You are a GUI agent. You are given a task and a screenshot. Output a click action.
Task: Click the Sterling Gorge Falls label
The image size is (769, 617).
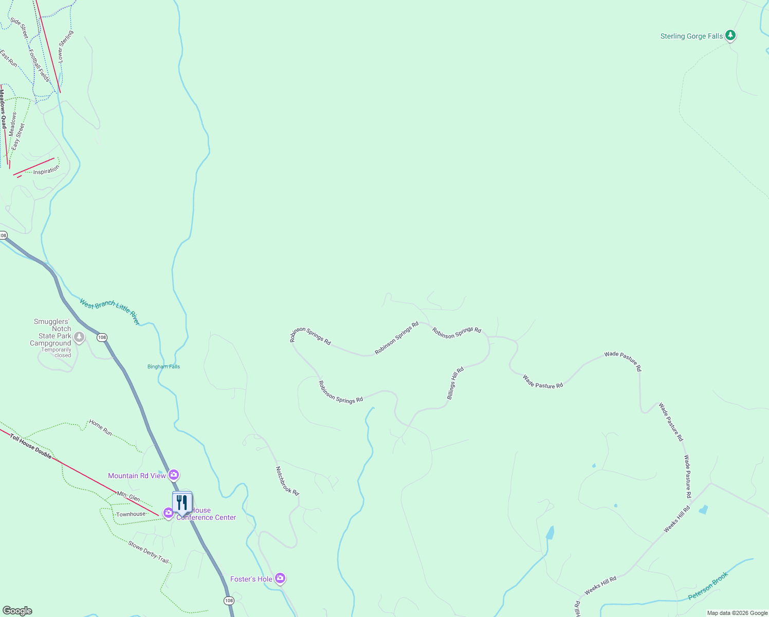(x=691, y=36)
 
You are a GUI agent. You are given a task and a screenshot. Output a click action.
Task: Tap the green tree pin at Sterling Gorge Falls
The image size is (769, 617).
(x=730, y=35)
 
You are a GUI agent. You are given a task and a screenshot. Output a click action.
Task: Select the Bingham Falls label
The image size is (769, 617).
(x=163, y=367)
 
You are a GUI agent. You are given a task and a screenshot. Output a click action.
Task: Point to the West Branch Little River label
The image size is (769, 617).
(x=109, y=311)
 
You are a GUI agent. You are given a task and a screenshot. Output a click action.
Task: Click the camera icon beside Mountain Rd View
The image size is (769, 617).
(x=174, y=475)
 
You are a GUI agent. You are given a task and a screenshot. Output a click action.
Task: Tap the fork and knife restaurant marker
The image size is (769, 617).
(x=182, y=502)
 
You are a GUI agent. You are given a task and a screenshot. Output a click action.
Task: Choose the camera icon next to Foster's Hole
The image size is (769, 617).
(x=280, y=578)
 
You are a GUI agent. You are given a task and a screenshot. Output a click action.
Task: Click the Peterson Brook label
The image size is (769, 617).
(x=708, y=586)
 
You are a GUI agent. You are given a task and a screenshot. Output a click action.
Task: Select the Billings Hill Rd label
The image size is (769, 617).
(x=455, y=383)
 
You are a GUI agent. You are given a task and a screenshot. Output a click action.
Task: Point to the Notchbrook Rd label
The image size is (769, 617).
(x=287, y=481)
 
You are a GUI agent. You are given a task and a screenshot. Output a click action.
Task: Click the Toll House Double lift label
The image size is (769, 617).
(x=31, y=446)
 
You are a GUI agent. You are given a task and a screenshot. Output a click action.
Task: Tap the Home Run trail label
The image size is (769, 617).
(x=100, y=427)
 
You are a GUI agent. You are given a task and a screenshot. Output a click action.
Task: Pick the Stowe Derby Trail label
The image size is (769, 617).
(x=149, y=552)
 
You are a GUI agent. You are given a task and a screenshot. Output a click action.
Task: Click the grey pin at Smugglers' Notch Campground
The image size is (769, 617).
(x=79, y=337)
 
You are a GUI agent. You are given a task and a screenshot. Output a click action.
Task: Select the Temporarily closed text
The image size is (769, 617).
(x=57, y=353)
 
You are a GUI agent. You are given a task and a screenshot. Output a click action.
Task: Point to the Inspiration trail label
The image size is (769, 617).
(x=46, y=171)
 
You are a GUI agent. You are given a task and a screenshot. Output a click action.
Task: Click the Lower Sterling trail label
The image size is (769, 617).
(x=65, y=47)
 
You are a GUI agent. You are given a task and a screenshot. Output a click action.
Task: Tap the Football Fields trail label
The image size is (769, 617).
(x=39, y=65)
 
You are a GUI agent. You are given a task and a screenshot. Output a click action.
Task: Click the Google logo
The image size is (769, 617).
(x=17, y=611)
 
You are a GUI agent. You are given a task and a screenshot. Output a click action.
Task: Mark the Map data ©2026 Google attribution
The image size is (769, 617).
(x=737, y=613)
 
